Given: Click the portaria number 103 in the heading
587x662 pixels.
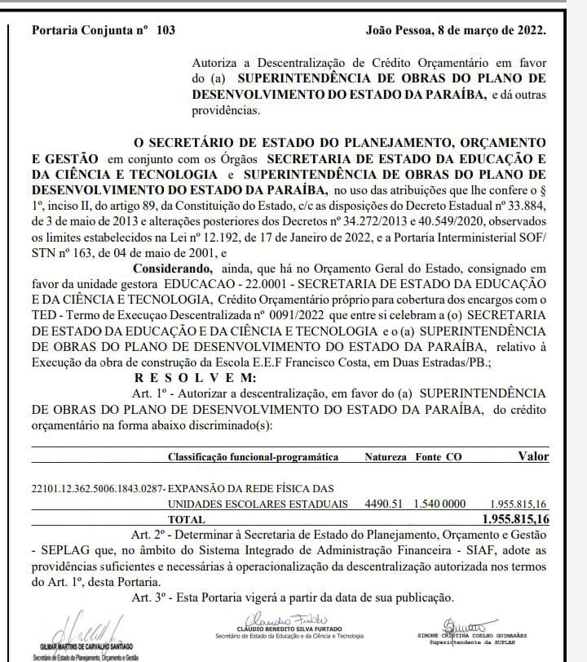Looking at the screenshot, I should [165, 30].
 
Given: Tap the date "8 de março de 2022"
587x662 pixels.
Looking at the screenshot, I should [488, 30].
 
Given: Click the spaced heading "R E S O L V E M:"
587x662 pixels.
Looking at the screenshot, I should [195, 377].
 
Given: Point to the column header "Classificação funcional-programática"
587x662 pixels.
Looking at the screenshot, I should [253, 457].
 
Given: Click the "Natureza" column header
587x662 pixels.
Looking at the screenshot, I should [386, 457].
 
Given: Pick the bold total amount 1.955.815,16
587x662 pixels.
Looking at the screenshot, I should [515, 520].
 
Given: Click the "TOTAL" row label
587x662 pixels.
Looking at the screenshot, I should [187, 520].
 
